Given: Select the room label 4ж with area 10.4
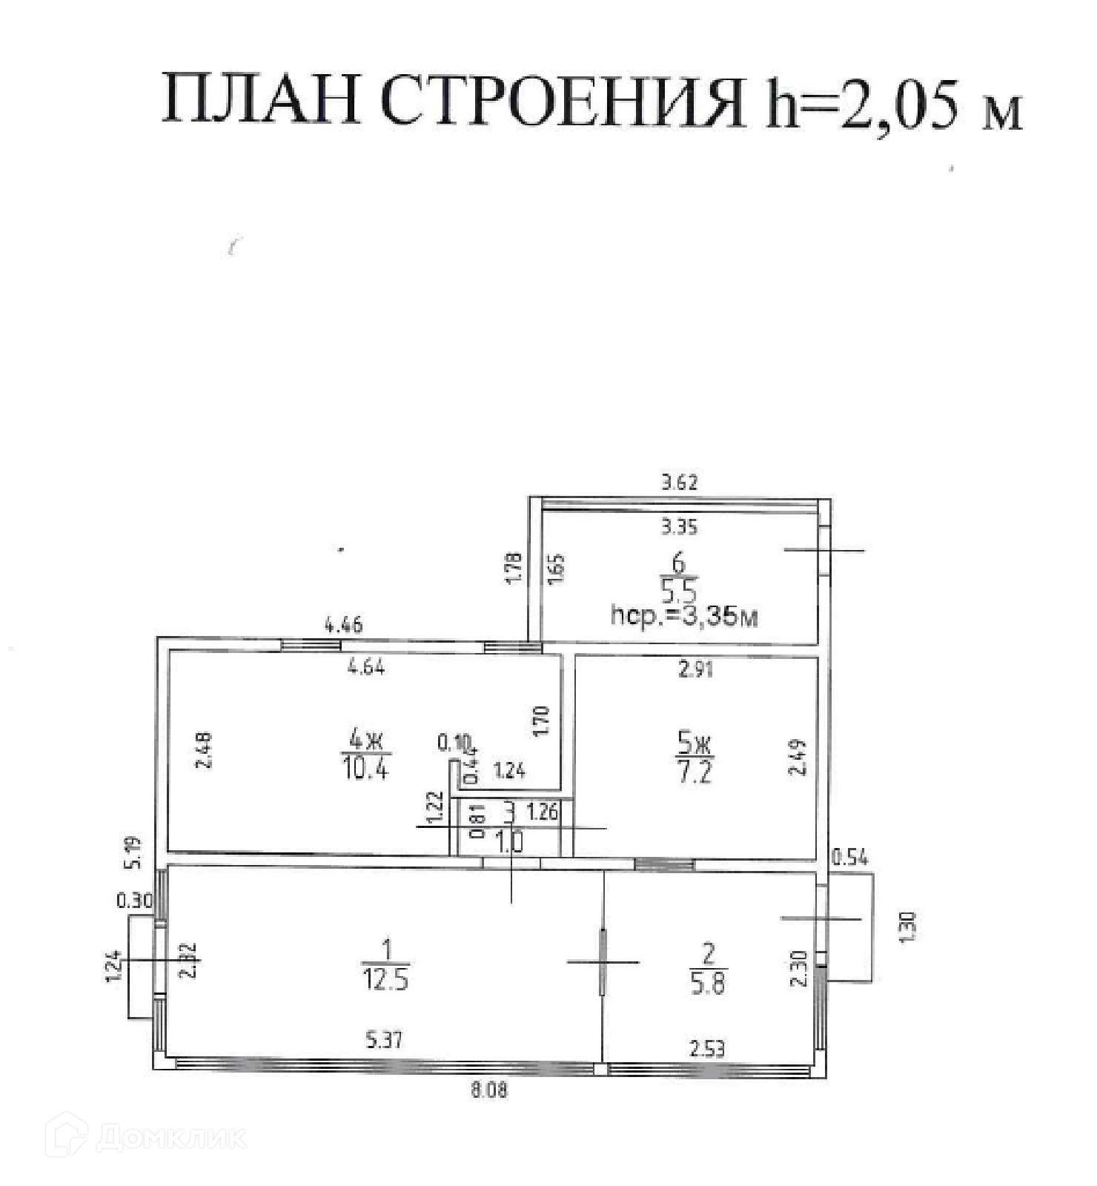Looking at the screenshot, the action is (x=366, y=753).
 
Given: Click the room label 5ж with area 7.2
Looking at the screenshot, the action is (x=695, y=756).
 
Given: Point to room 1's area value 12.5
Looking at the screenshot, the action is (x=385, y=981).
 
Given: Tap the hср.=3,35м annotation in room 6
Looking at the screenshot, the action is (x=683, y=615).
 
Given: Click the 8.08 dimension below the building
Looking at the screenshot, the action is (x=489, y=1090).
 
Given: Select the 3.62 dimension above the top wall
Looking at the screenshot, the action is (x=679, y=483).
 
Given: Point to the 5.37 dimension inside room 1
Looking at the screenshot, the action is (x=384, y=1040).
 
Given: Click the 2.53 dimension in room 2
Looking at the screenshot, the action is (x=706, y=1049).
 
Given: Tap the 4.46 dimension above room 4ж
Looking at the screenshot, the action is (x=344, y=625).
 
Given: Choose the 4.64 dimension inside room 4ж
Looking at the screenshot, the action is (x=366, y=668).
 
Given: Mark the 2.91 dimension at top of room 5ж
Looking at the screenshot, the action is (x=695, y=669).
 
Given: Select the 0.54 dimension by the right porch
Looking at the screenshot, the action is (x=849, y=858).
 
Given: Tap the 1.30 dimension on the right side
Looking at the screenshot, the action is (x=910, y=927).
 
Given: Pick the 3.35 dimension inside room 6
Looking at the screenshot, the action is (x=679, y=528).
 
